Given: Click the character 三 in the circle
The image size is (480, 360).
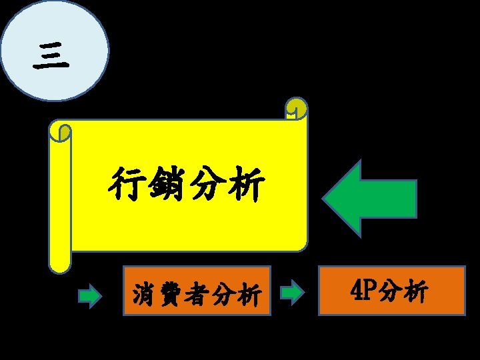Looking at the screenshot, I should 51,56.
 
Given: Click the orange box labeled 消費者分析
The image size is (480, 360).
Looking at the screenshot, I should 197,291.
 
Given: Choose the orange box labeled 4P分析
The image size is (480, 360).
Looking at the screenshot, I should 391,290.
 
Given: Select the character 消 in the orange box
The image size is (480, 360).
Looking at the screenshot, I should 144,293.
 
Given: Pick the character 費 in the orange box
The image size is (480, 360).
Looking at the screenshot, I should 170,293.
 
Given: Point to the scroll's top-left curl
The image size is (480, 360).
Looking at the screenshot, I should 61,132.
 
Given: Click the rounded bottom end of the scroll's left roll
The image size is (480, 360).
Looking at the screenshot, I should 60,265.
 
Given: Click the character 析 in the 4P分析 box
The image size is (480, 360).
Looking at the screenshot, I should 416,291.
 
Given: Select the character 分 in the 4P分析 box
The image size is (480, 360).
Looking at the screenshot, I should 391,291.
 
